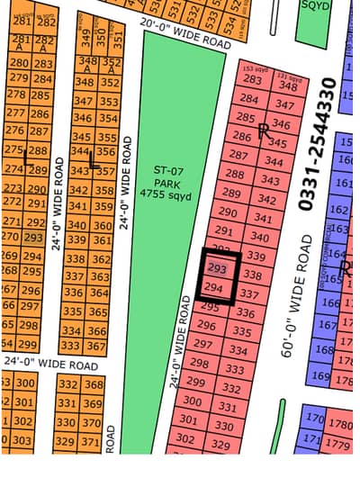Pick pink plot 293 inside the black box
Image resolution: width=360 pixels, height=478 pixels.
[x=216, y=268]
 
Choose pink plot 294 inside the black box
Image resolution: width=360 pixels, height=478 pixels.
[x=214, y=287]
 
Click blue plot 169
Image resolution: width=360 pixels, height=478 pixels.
[x=320, y=374]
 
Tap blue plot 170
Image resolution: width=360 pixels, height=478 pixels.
[x=314, y=419]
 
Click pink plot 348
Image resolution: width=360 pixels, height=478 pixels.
[x=289, y=86]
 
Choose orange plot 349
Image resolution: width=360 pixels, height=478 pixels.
[x=86, y=38]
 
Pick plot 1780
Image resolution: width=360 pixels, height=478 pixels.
[x=341, y=424]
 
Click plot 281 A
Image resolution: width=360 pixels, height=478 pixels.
[x=19, y=43]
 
